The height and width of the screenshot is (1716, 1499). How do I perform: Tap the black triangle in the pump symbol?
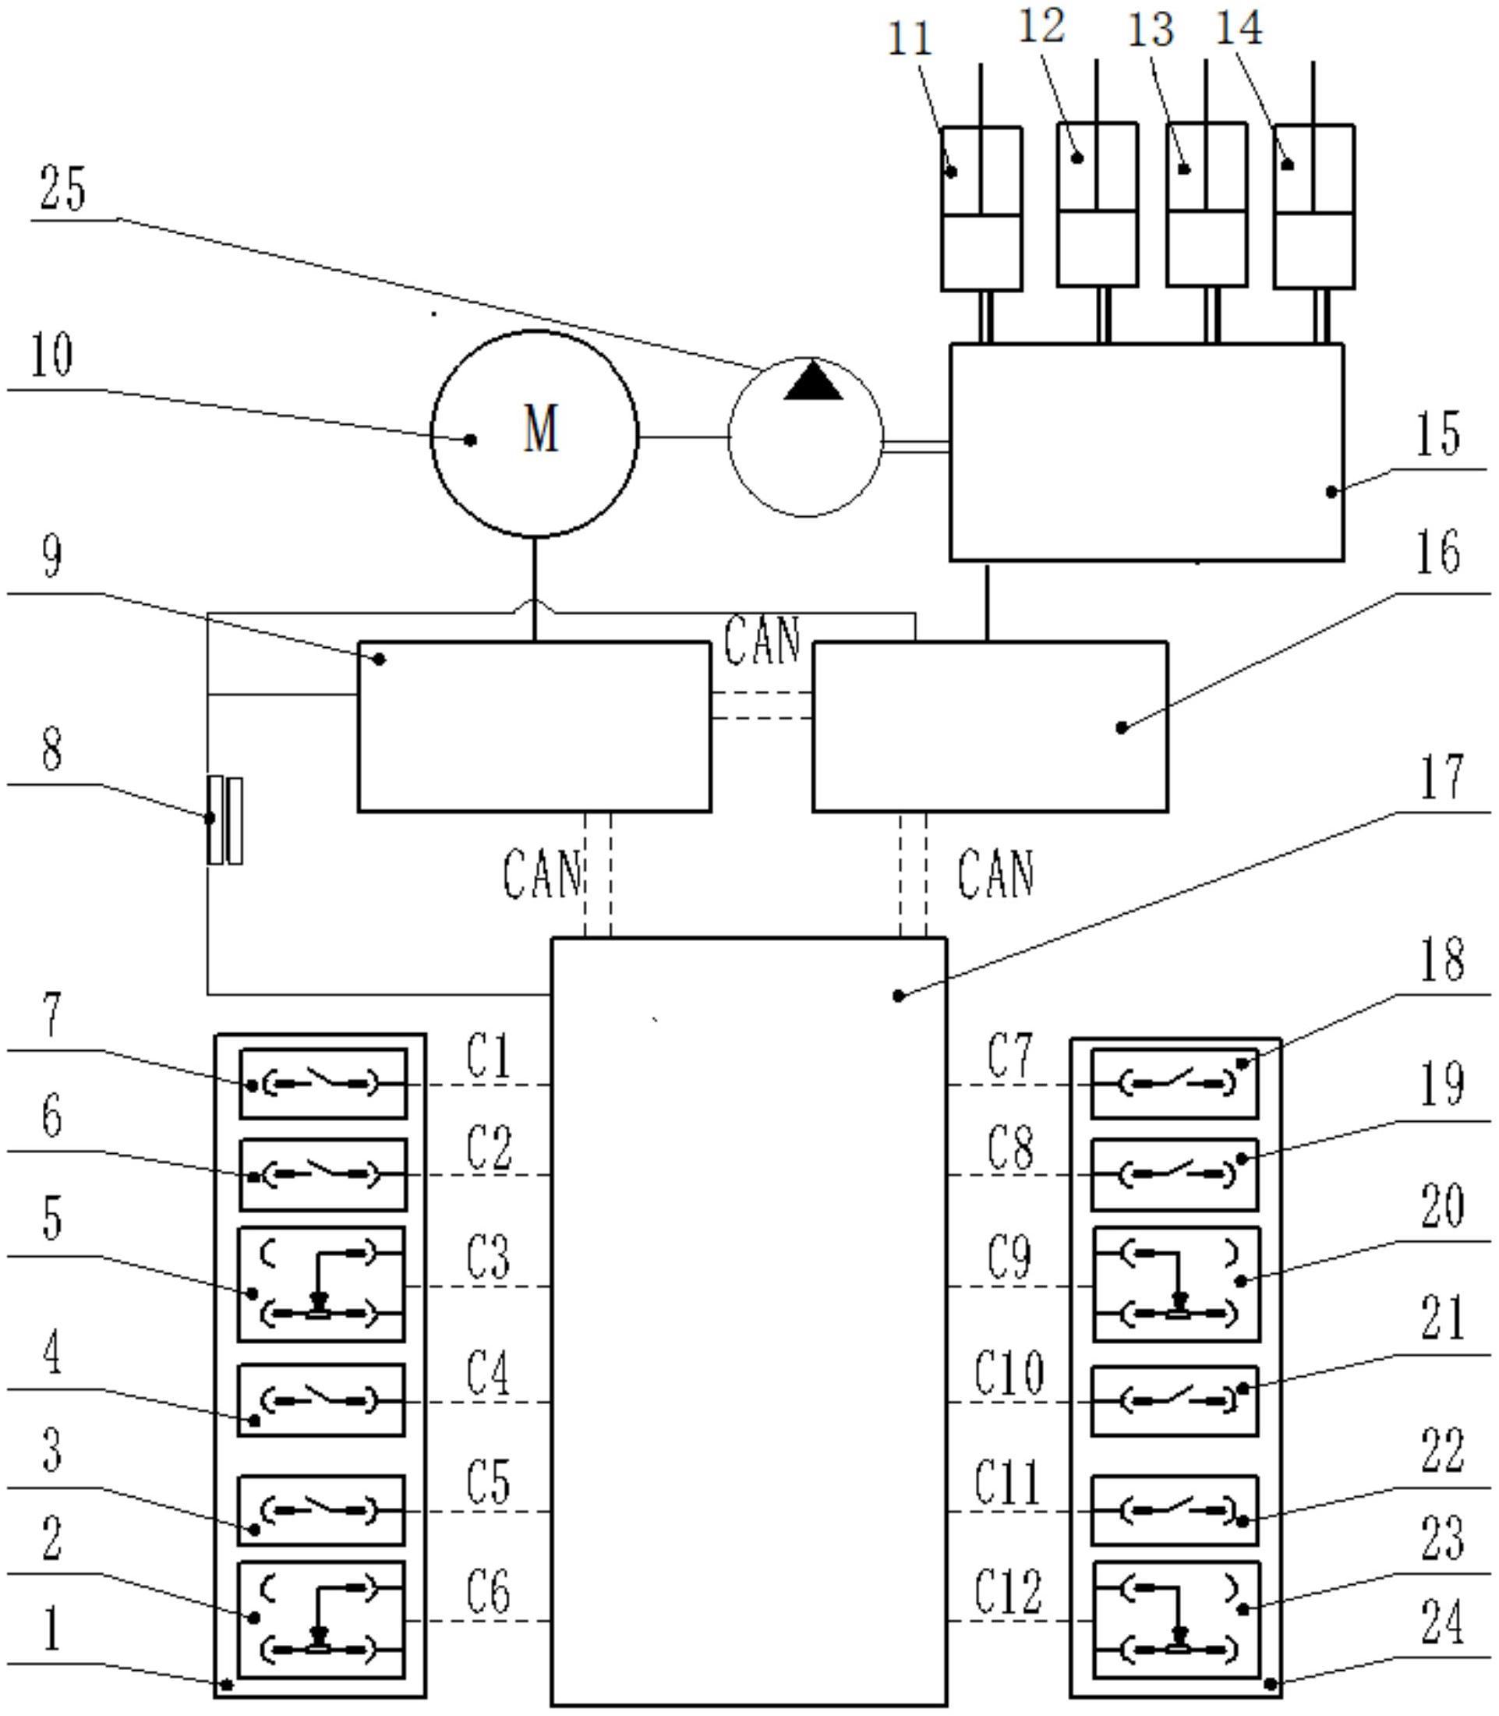813,381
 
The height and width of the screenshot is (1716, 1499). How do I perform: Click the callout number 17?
1441,777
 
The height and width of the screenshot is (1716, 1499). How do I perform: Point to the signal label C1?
488,1056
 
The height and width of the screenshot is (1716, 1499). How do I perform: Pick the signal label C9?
1009,1258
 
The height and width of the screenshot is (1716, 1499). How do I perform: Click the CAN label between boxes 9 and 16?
762,641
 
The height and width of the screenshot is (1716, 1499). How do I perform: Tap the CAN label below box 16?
995,873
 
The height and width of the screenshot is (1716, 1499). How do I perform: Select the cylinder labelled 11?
981,209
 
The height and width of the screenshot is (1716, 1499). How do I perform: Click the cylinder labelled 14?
1313,207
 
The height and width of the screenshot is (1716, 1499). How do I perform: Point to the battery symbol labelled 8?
225,820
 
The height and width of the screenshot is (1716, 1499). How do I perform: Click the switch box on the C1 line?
323,1084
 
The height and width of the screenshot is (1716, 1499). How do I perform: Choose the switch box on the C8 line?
1175,1174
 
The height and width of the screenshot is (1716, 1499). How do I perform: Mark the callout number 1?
52,1629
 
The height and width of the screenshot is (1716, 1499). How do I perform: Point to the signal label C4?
488,1373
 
